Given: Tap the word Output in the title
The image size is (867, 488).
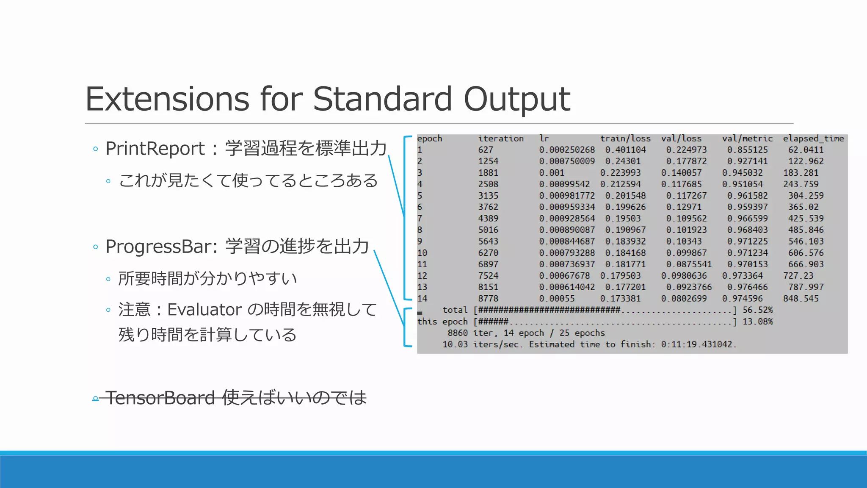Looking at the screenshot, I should pyautogui.click(x=517, y=99).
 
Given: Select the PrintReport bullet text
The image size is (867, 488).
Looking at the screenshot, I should pyautogui.click(x=155, y=149).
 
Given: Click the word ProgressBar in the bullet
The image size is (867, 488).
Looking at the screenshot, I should pyautogui.click(x=161, y=247).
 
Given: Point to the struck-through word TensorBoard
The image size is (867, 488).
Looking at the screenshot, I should pyautogui.click(x=160, y=398).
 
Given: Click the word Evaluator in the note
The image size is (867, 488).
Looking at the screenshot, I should pyautogui.click(x=204, y=310).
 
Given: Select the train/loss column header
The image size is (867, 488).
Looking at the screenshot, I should pyautogui.click(x=625, y=139).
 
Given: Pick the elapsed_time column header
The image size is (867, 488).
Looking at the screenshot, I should pyautogui.click(x=813, y=139).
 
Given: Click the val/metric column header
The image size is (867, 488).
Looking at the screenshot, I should pyautogui.click(x=747, y=139).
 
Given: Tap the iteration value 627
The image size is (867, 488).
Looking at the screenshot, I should pyautogui.click(x=486, y=150).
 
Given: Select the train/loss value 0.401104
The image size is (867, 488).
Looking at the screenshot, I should pyautogui.click(x=625, y=150).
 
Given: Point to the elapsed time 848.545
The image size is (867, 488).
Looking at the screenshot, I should pyautogui.click(x=801, y=299).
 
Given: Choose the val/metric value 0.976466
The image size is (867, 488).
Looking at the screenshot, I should pyautogui.click(x=747, y=287).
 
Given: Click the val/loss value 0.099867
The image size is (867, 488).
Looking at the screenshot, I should pyautogui.click(x=686, y=253).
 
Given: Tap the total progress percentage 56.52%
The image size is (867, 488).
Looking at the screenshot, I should pyautogui.click(x=757, y=310).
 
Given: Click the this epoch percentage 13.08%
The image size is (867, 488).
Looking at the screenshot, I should pyautogui.click(x=757, y=322).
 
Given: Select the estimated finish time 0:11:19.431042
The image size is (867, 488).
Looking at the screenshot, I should pyautogui.click(x=699, y=344).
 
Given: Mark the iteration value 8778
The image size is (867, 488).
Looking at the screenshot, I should pyautogui.click(x=488, y=299).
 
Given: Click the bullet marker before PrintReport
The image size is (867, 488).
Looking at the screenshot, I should pyautogui.click(x=95, y=149).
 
